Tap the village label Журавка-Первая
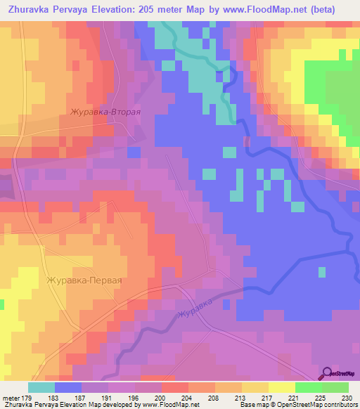pyautogui.click(x=84, y=280)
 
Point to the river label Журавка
pyautogui.click(x=195, y=308)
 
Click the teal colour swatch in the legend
pyautogui.click(x=41, y=387)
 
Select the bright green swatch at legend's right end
pyautogui.click(x=335, y=387)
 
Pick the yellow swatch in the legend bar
pyautogui.click(x=281, y=387)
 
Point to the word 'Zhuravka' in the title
pyautogui.click(x=26, y=9)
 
